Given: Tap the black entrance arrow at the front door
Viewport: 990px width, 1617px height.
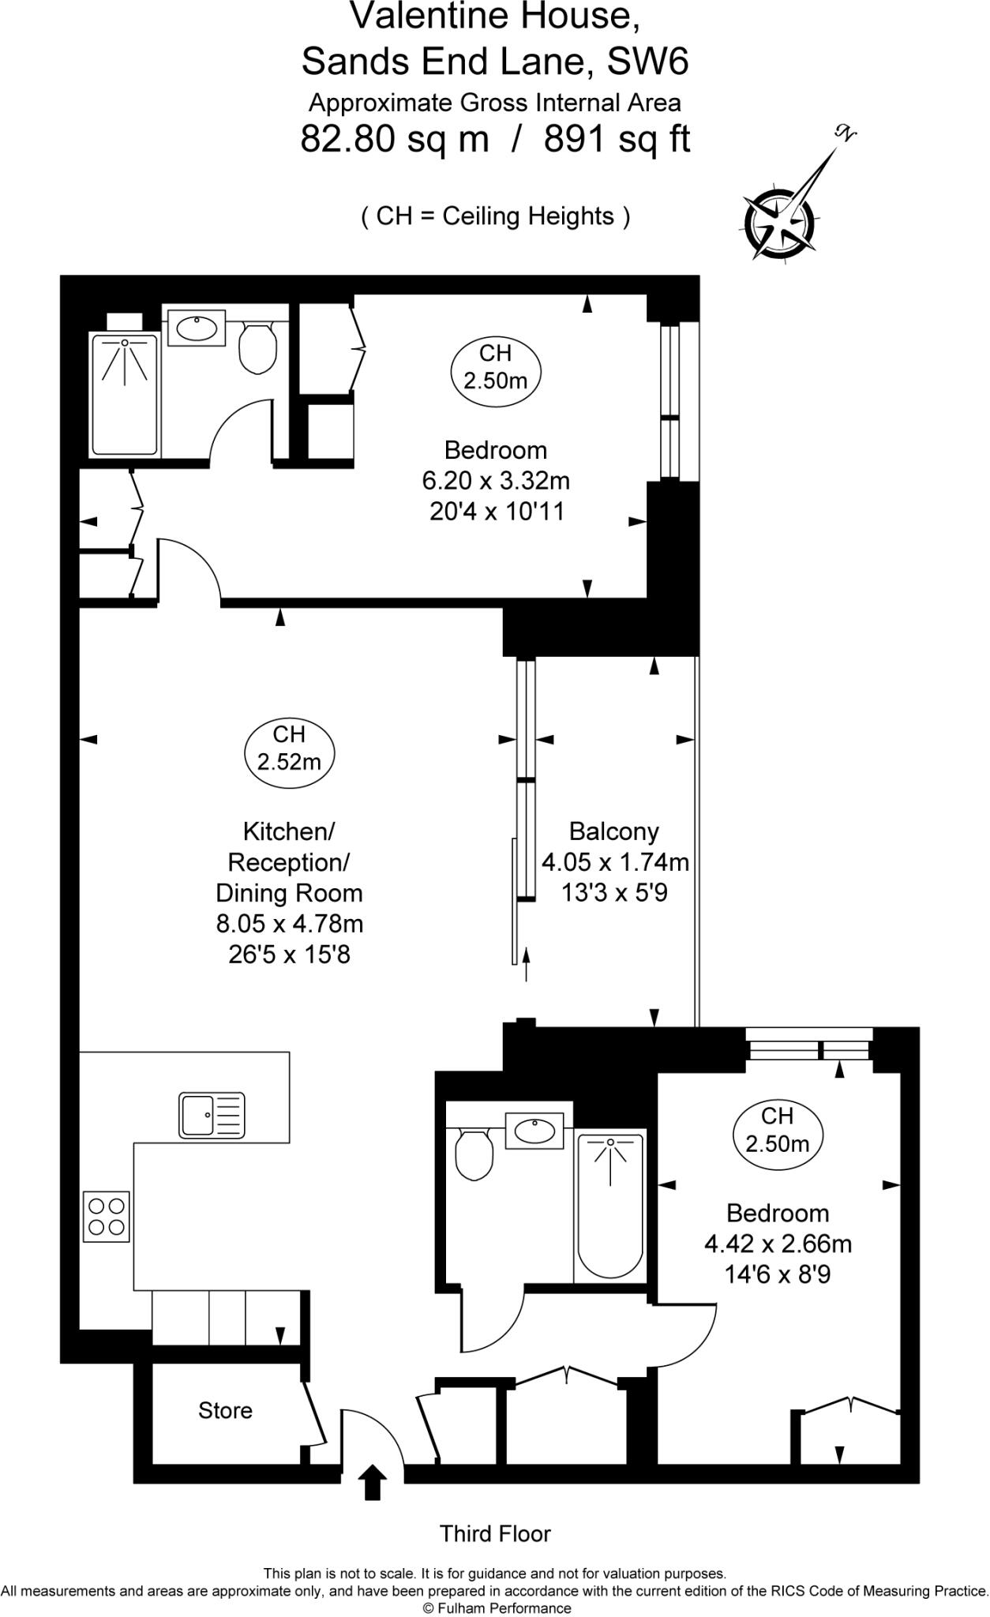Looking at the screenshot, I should tap(373, 1483).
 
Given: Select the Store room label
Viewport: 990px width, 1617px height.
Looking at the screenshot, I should tap(225, 1410).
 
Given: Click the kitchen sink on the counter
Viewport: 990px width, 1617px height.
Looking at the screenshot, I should tap(212, 1114).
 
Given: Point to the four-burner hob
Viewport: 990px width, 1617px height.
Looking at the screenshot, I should tap(107, 1216).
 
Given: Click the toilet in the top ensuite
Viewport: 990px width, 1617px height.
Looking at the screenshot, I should tap(257, 348).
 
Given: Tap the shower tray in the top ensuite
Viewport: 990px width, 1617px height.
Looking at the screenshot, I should tap(125, 395).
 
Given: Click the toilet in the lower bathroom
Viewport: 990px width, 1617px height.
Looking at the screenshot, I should tap(474, 1154).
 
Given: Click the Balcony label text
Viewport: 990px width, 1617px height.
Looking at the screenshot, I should tap(613, 831).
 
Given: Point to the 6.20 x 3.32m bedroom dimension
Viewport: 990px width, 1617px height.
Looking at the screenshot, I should tap(496, 481).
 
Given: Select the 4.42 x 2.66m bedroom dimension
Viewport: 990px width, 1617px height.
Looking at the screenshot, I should tap(778, 1244).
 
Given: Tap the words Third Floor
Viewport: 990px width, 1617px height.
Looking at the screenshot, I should tap(495, 1534).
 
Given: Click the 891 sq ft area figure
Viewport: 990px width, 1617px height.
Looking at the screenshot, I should tap(617, 140).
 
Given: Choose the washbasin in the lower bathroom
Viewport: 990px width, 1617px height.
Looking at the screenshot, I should tap(534, 1131).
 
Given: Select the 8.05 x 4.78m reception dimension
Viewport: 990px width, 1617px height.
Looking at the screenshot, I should tap(289, 924).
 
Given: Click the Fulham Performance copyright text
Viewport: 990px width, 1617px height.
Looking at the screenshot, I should tap(497, 1608).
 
